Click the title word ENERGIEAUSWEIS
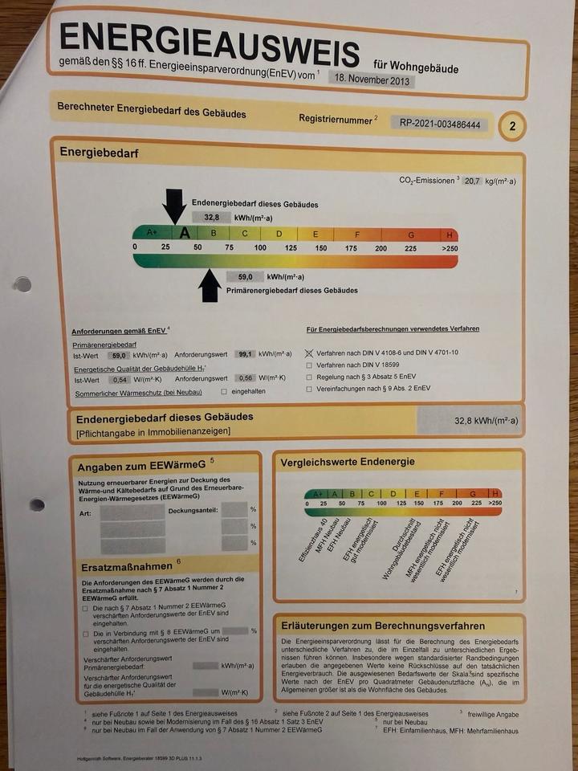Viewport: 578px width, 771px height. [209, 47]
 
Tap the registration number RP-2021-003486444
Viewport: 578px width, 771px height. [440, 124]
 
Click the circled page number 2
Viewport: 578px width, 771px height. [512, 127]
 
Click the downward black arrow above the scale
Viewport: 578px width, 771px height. [173, 206]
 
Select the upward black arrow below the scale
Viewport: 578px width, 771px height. [210, 285]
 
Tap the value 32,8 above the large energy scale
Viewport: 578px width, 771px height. [212, 217]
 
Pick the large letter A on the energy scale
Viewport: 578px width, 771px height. [185, 233]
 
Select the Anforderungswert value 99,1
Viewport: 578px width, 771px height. [246, 354]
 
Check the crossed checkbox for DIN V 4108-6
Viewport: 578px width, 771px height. [309, 353]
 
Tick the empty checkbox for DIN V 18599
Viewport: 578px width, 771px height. [309, 365]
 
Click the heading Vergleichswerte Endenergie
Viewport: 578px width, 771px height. [348, 462]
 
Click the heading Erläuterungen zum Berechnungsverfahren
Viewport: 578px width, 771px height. [383, 626]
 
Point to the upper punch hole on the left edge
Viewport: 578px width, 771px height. [23, 284]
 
